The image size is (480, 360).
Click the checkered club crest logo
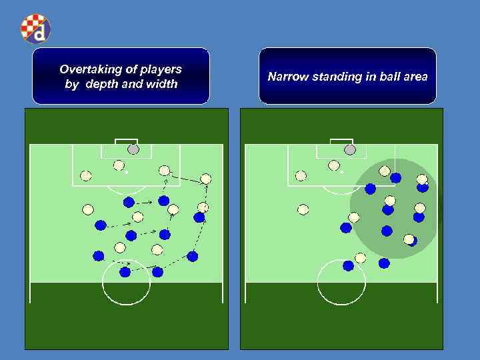(35, 28)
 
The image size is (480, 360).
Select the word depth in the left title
(103, 84)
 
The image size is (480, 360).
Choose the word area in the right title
(413, 77)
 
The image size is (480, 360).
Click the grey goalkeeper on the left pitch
(133, 149)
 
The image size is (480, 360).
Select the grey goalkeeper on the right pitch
(350, 149)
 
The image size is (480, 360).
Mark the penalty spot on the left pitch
(126, 172)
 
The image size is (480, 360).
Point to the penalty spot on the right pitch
(341, 172)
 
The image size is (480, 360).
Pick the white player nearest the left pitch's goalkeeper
(119, 165)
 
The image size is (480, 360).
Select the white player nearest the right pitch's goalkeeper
(334, 165)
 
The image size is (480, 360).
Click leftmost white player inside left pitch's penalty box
(85, 176)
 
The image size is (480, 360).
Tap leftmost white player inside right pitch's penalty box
(301, 176)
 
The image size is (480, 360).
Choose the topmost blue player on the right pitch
(396, 177)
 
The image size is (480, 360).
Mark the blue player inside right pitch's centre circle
(348, 265)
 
